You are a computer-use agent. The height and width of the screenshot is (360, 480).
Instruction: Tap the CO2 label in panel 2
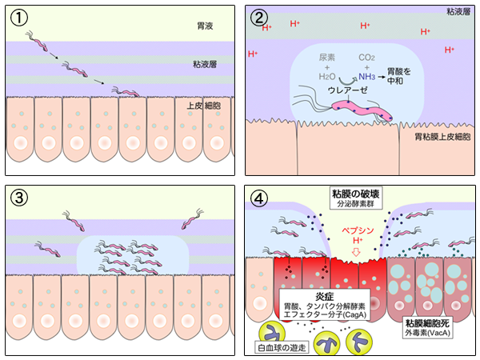point(367,58)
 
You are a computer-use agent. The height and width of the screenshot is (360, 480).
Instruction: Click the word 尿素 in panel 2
point(327,58)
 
